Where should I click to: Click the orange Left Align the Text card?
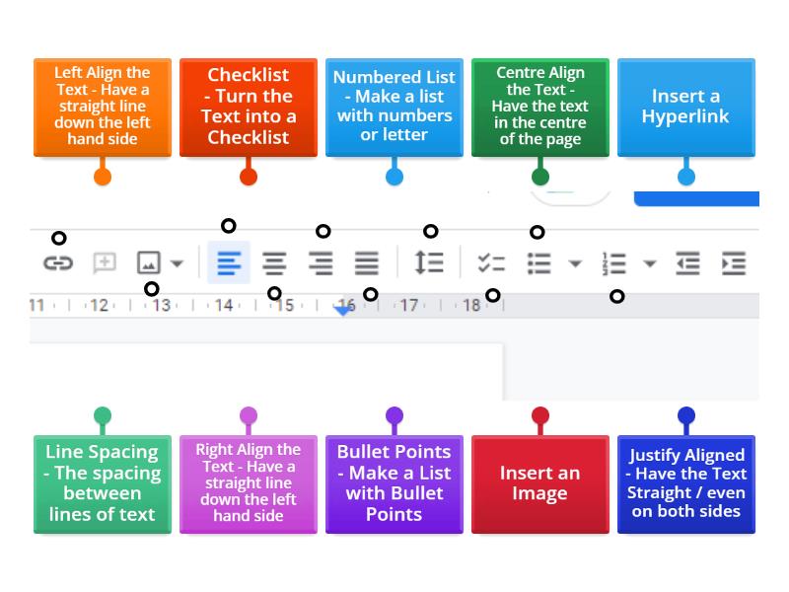[x=102, y=107]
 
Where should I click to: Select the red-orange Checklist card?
[x=248, y=107]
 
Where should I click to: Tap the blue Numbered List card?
[x=394, y=107]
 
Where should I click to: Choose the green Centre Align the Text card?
[x=539, y=107]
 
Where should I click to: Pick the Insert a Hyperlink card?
[x=685, y=107]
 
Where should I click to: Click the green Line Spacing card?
[x=102, y=483]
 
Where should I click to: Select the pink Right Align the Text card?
[x=248, y=483]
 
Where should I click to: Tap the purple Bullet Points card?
[x=394, y=483]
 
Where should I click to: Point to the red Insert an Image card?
[x=539, y=483]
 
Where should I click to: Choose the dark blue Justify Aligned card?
[x=685, y=483]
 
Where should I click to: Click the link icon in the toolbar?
[x=58, y=263]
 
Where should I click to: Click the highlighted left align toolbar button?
[x=229, y=263]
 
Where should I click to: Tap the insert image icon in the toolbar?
[x=148, y=263]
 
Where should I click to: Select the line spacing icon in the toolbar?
[x=429, y=263]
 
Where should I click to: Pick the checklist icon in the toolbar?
[x=491, y=263]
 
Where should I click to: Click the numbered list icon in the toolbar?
[x=614, y=263]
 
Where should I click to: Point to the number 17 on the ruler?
[x=408, y=306]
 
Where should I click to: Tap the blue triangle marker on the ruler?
[x=343, y=309]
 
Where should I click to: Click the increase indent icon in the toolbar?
[x=734, y=263]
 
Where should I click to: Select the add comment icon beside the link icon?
[x=104, y=263]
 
